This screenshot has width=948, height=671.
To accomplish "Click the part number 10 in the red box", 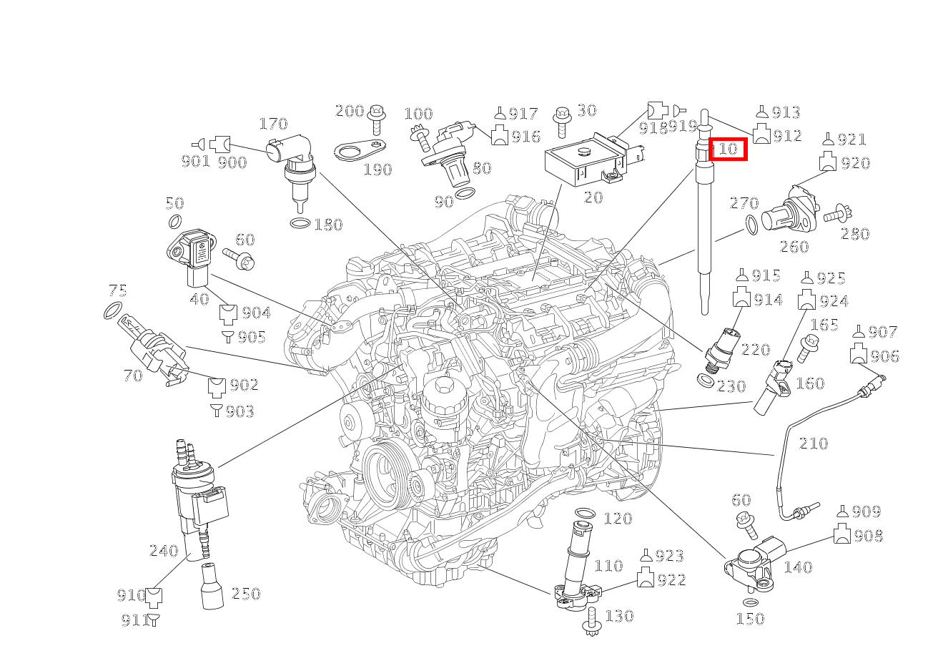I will point(728,149).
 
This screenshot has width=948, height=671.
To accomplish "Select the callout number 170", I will point(272,124).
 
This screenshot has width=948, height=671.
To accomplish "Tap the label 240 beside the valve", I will point(163,550).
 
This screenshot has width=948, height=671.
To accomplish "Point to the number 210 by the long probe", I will point(813,444).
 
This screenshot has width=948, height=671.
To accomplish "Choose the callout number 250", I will point(245,593).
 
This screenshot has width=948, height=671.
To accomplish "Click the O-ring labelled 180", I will point(300,224).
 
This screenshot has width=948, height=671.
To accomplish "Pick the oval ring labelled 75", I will point(112,311).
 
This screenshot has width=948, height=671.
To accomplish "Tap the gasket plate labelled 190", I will point(357,151).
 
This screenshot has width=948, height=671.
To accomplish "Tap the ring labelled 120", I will point(584,514).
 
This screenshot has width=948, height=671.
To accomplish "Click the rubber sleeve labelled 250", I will point(212,587).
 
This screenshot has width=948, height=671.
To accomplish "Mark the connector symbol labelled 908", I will point(842,535).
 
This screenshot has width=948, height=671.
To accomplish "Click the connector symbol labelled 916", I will point(500,135).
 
